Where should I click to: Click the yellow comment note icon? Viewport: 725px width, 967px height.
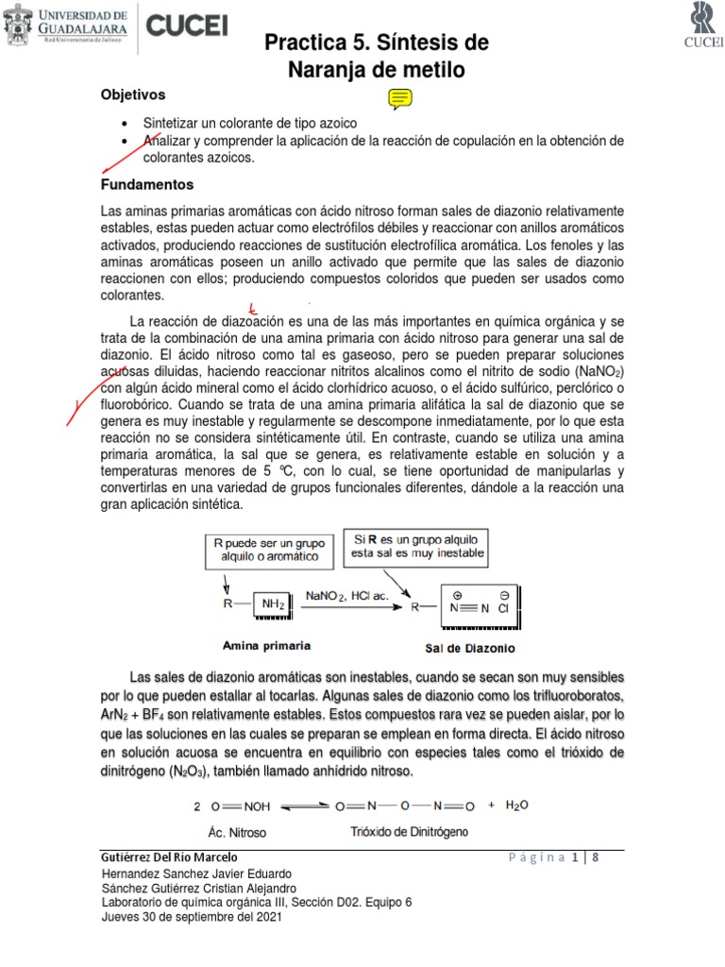(398, 98)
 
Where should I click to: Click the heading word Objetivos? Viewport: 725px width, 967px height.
(133, 94)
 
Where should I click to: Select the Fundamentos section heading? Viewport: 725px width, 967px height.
(147, 184)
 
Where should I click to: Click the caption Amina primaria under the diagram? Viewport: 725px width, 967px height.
(266, 647)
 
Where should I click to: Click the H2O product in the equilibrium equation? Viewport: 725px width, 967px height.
(518, 806)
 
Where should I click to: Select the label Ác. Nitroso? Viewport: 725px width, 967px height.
(237, 833)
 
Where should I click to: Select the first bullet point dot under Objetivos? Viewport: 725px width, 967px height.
(125, 125)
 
